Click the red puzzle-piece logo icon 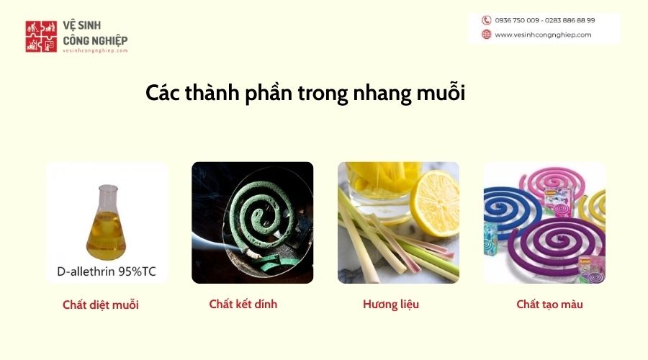(41, 37)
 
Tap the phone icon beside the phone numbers (487, 20)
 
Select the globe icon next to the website (487, 35)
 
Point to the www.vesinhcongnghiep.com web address (543, 35)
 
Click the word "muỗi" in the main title (441, 93)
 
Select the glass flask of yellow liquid (107, 222)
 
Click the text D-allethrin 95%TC (107, 271)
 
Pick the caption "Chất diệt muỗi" (100, 305)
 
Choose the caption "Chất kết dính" (243, 305)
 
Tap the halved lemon (435, 203)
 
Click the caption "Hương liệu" (391, 305)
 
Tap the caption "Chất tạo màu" (549, 305)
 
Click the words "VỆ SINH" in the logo (82, 25)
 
